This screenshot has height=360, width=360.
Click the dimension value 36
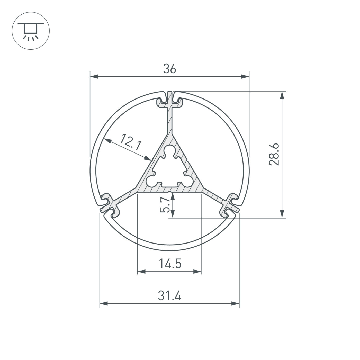pos(169,69)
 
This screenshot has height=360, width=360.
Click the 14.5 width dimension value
pos(170,264)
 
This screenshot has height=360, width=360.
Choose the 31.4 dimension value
pos(169,296)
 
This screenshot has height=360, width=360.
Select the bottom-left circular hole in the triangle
pos(151,181)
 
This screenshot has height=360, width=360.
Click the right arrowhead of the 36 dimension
pos(245,76)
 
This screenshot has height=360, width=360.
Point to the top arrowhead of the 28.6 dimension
pos(282,96)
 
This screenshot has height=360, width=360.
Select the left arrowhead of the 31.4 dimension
pos(103,304)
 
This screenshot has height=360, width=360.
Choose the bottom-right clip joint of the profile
pos(230,204)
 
